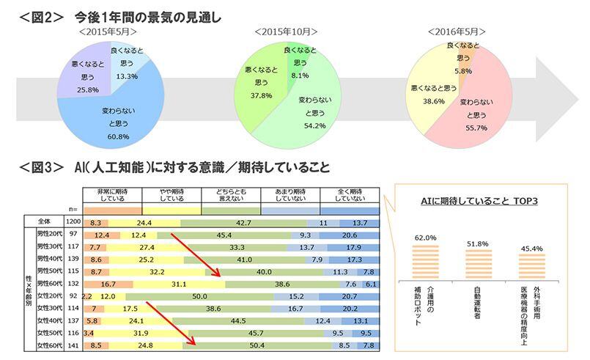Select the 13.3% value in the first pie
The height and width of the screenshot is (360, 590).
(128, 76)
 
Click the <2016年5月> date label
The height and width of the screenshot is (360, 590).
(457, 32)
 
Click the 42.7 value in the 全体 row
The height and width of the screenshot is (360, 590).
(243, 221)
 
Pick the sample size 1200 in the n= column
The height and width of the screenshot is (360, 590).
(72, 221)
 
